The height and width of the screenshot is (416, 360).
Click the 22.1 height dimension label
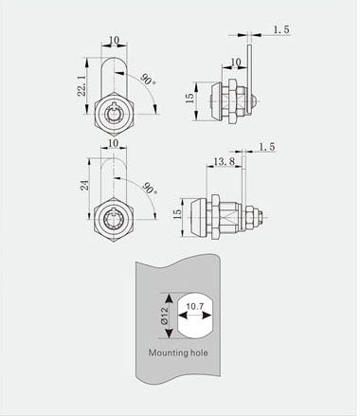[82, 85]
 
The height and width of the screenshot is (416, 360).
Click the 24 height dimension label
[84, 185]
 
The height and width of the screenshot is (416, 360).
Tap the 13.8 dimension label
[224, 162]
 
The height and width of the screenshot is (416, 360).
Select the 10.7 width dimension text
[195, 306]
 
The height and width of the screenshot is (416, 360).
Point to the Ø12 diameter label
[164, 317]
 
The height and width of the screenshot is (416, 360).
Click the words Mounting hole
[178, 353]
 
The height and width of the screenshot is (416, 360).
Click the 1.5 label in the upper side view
[281, 30]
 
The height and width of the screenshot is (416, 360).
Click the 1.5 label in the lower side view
[267, 147]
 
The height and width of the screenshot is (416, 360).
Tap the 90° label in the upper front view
[148, 80]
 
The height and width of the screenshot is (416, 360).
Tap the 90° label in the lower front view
[150, 188]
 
